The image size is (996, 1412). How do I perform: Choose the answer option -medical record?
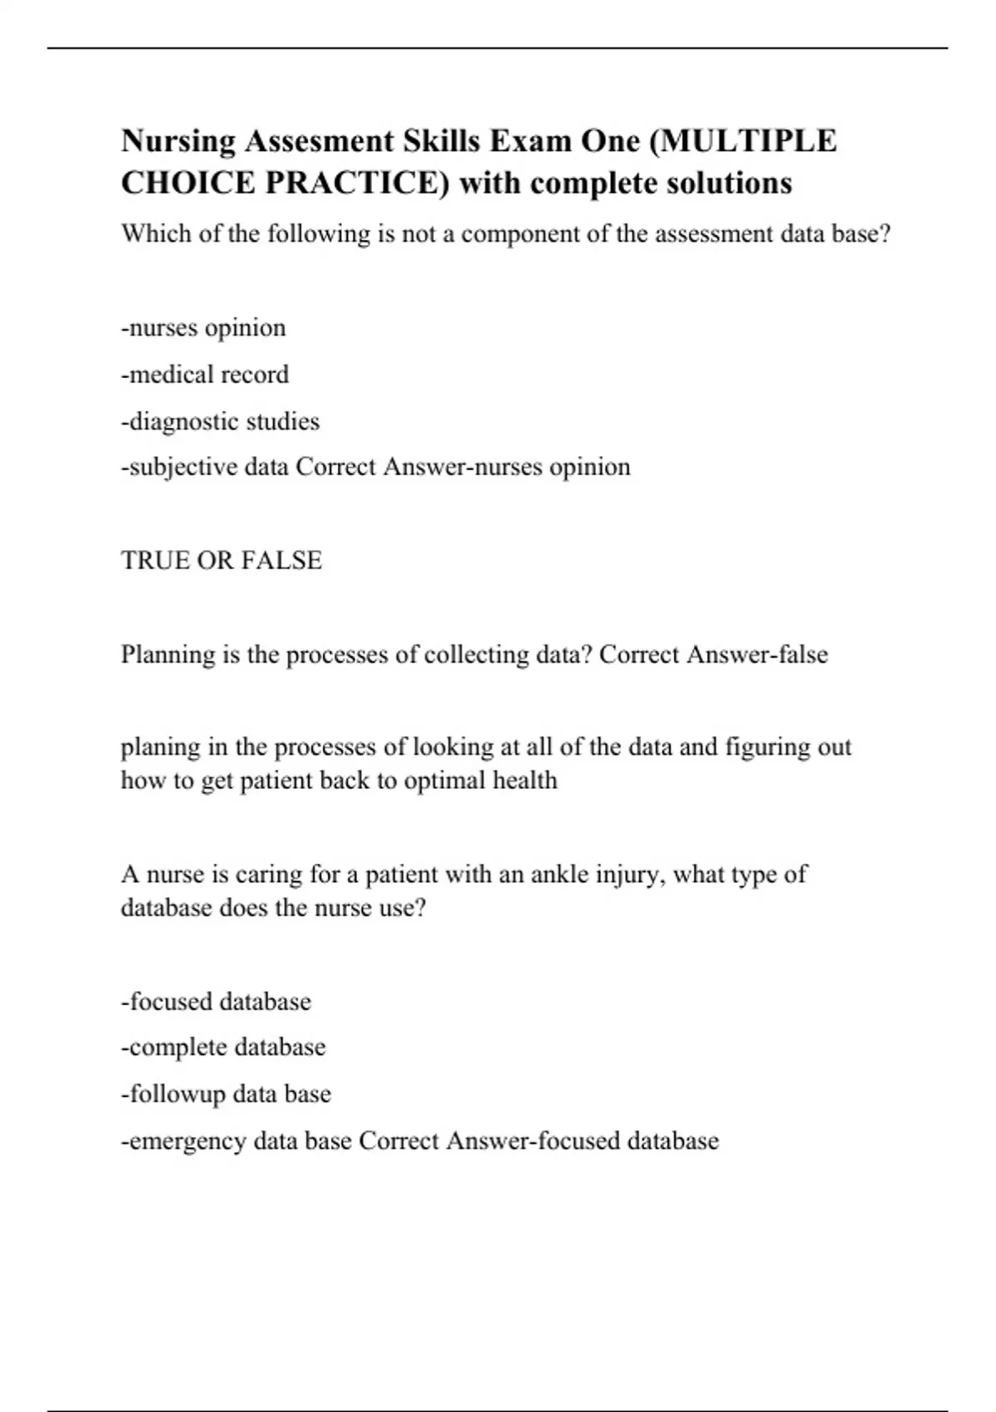tap(205, 375)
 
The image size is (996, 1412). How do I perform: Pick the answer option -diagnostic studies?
tap(220, 422)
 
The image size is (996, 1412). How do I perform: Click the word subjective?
tap(182, 468)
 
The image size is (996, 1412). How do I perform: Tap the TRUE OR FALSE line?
tap(222, 561)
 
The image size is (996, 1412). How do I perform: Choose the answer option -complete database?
tap(223, 1047)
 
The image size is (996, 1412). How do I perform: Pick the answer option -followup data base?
tap(226, 1094)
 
